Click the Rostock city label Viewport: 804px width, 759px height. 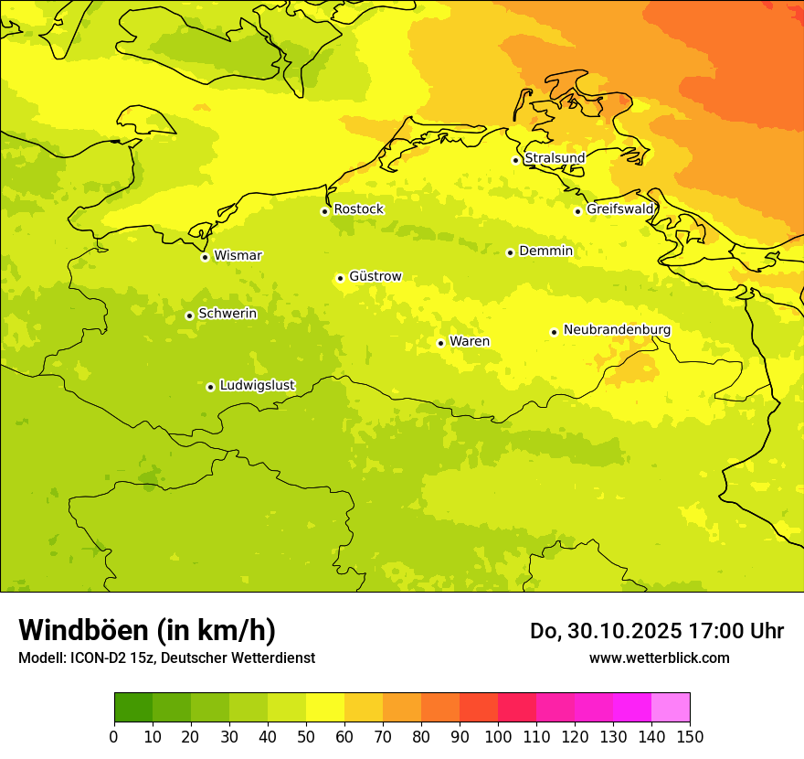pos(358,209)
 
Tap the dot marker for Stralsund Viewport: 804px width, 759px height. pos(515,160)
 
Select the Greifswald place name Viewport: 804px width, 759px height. pos(620,209)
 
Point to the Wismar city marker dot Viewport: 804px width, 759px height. pos(205,257)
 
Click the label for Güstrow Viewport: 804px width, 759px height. pos(375,276)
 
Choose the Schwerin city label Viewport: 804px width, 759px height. pos(227,314)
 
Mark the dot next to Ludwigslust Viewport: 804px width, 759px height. pos(210,387)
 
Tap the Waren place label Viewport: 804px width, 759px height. pos(470,341)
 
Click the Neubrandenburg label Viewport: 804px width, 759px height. pos(617,330)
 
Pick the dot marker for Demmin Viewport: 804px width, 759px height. pos(510,252)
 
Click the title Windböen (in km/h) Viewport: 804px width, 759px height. pos(147,630)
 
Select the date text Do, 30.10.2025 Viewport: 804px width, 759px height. pos(606,631)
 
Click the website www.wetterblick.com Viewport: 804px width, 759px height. pos(659,657)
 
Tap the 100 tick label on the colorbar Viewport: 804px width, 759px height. pos(498,736)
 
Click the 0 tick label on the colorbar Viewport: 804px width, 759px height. pos(114,736)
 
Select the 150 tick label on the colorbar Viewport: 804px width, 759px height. pos(690,736)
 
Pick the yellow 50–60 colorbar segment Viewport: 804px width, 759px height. pos(325,708)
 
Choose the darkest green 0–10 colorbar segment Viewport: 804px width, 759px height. pos(133,708)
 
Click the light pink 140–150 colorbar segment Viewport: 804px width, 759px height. pos(671,708)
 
